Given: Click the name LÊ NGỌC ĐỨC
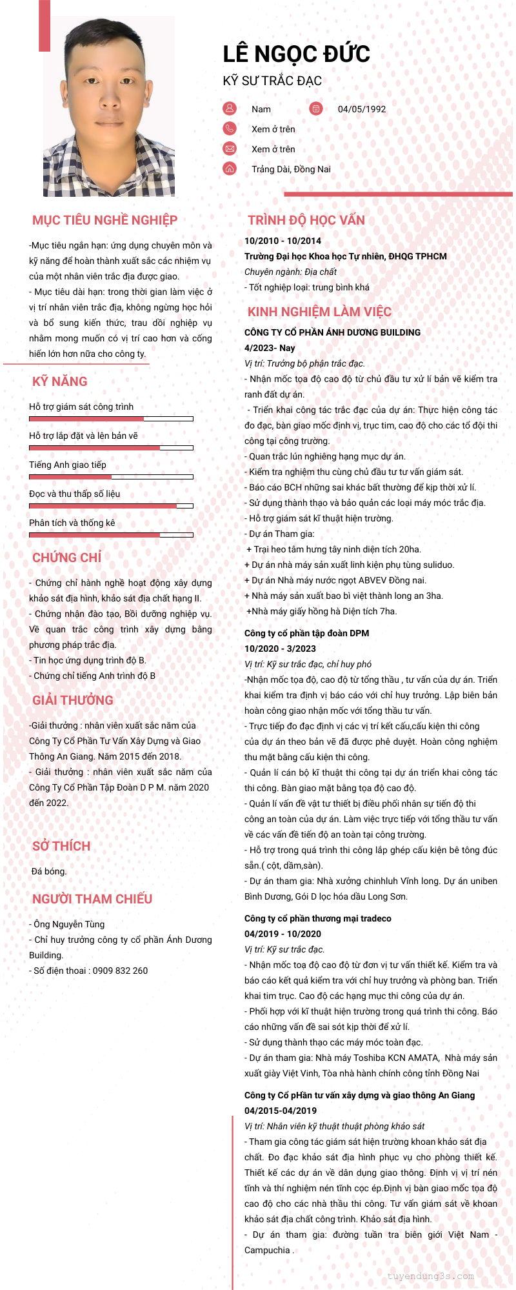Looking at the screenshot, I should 297,54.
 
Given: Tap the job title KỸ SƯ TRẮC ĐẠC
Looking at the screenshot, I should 272,81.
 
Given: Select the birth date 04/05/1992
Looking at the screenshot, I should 362,109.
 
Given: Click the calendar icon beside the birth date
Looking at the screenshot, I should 315,108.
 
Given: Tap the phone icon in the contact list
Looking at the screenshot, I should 230,128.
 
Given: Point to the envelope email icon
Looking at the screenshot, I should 230,148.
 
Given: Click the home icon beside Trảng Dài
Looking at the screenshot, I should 230,168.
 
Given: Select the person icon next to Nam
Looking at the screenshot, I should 230,108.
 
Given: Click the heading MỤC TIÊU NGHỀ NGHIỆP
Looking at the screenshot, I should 104,220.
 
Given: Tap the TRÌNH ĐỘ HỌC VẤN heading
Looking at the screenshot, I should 306,220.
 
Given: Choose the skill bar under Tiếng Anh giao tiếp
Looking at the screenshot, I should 111,477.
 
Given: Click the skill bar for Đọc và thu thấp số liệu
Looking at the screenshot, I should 111,506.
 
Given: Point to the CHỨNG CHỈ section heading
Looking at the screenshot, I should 67,558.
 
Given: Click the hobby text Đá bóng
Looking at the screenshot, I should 49,871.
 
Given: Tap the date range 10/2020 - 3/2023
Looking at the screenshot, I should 280,649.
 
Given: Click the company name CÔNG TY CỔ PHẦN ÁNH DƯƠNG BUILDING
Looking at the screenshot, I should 332,332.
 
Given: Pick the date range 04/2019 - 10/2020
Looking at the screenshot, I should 283,934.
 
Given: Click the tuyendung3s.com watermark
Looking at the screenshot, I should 431,1276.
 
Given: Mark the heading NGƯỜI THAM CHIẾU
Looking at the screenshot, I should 92,899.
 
